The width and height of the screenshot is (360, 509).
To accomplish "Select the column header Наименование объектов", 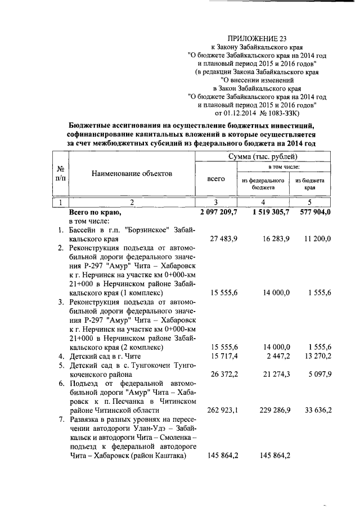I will pyautogui.click(x=132, y=175).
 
